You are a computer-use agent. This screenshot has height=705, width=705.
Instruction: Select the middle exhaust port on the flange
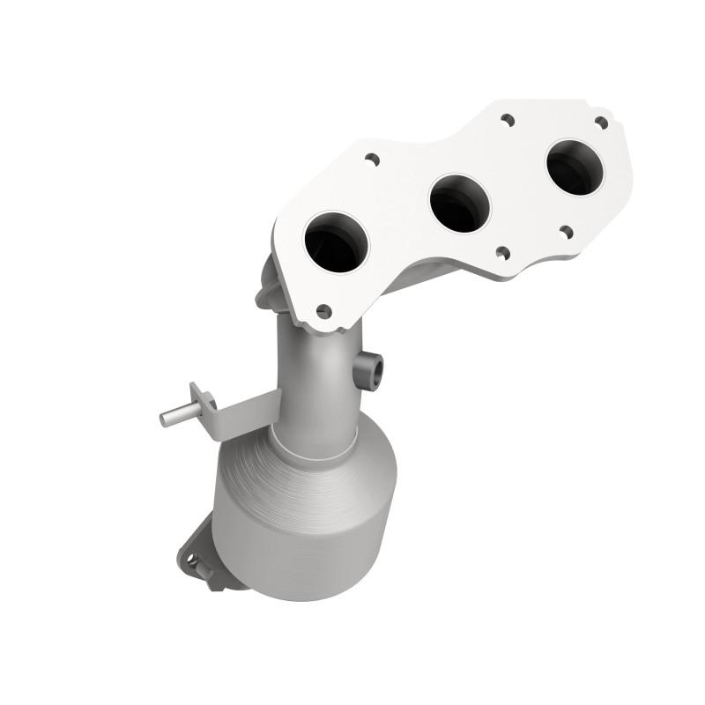point(459,202)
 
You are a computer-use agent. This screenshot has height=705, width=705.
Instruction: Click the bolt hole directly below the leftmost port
point(323,311)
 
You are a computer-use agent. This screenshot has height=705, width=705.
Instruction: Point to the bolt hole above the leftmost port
point(372,160)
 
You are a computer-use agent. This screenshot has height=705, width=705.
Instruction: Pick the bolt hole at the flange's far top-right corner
point(601,122)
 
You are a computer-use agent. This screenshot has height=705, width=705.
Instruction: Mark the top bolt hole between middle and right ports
point(508,119)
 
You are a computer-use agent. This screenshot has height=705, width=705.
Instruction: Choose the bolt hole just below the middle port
point(501,253)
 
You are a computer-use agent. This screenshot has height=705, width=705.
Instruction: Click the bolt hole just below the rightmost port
point(566,233)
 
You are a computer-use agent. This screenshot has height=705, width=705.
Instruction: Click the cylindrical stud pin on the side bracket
point(174,416)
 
